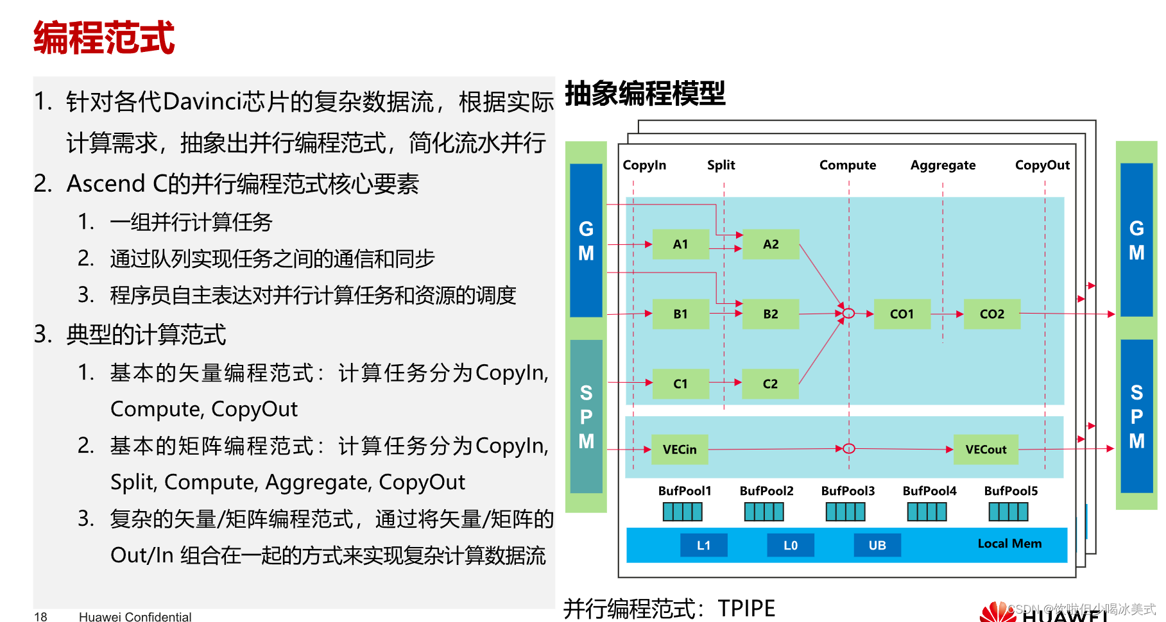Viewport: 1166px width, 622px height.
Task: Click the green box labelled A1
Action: coord(680,244)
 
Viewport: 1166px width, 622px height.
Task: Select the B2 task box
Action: coord(770,314)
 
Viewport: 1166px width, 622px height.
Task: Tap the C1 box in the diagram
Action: coord(680,384)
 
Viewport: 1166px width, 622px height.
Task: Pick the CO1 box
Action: coord(902,314)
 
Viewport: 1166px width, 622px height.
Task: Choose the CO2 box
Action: coord(991,314)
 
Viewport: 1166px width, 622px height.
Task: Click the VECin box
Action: coord(680,450)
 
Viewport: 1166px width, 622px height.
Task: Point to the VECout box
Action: coord(986,450)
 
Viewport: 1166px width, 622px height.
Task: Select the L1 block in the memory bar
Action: coord(703,545)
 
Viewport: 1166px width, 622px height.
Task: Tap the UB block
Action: coord(877,545)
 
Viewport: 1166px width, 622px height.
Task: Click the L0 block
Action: coord(791,545)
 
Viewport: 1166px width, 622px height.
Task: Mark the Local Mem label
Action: coord(1009,544)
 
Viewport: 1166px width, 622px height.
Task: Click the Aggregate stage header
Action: coord(943,165)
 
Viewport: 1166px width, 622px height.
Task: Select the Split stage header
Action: coord(721,165)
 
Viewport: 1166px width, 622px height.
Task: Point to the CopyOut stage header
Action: coord(1042,165)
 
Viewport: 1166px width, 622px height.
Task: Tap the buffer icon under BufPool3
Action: coord(845,512)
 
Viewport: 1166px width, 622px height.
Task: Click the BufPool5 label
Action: coord(1011,491)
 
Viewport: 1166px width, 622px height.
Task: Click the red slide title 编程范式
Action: coord(104,38)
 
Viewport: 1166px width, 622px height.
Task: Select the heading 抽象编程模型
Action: coord(645,94)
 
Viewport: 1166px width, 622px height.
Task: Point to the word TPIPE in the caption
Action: coord(746,608)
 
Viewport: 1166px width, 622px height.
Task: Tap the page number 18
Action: coord(40,617)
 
